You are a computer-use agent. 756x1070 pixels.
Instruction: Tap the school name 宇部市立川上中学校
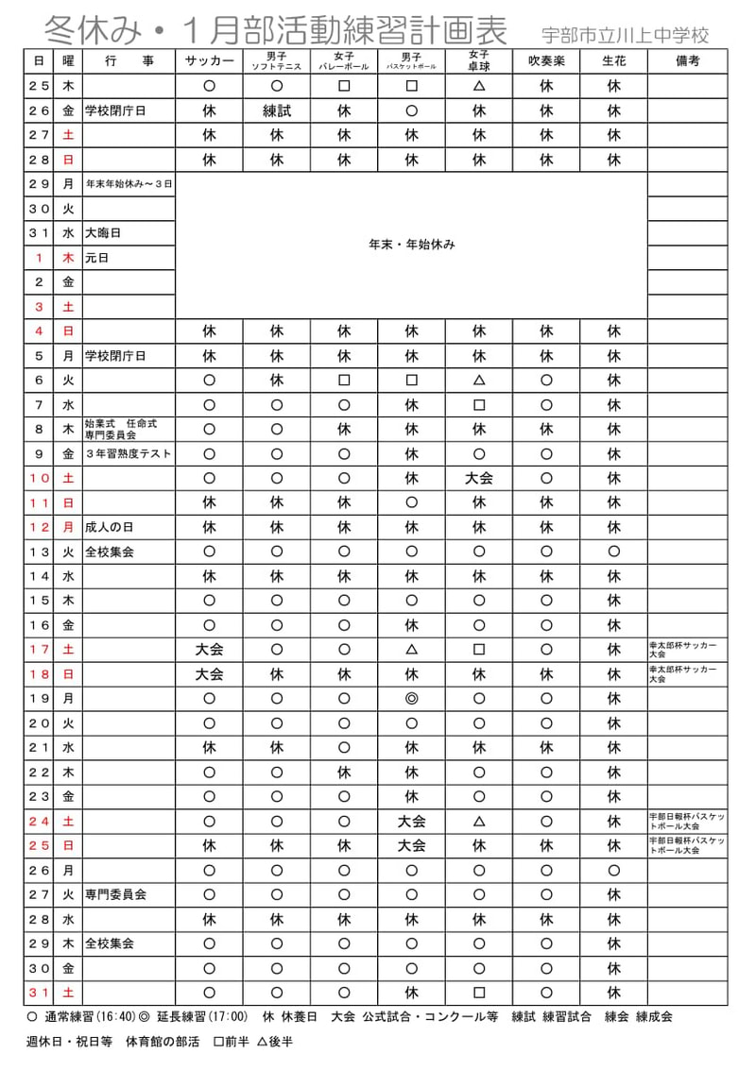tap(625, 36)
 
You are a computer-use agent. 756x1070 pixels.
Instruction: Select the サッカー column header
tap(209, 61)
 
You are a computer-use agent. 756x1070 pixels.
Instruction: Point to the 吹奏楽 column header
tap(546, 61)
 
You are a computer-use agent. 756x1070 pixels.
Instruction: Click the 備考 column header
tap(688, 61)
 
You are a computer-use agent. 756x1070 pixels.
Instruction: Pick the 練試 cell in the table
tap(277, 110)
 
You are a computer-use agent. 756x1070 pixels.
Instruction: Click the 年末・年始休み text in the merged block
tap(411, 245)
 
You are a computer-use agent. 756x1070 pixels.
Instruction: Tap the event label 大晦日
tap(103, 233)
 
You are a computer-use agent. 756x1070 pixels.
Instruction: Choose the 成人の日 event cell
tap(111, 528)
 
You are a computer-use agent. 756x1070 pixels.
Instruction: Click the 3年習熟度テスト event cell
tap(129, 454)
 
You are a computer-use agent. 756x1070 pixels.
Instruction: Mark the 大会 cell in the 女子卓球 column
tap(479, 479)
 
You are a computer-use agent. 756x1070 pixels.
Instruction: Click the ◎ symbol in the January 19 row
tap(411, 700)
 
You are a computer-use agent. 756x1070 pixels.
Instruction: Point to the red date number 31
tap(39, 994)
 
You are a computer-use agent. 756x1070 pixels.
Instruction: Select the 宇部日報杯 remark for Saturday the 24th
tap(687, 819)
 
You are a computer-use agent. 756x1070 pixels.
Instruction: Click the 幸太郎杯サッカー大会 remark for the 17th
tap(682, 649)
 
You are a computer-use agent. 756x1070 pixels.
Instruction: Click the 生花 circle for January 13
tap(614, 552)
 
